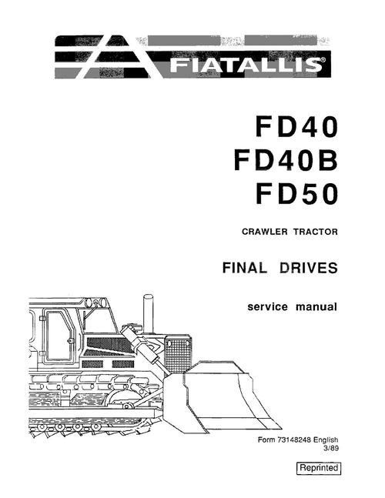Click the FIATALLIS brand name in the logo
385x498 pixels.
pos(246,65)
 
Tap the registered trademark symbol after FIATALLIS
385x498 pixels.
pos(323,59)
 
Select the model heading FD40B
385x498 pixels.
pos(286,161)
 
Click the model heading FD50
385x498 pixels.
pos(296,194)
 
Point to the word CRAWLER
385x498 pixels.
pos(264,232)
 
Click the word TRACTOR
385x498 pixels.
pos(316,232)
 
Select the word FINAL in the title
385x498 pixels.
pos(244,268)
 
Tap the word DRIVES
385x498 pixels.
pos(309,268)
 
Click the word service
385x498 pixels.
pos(267,307)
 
